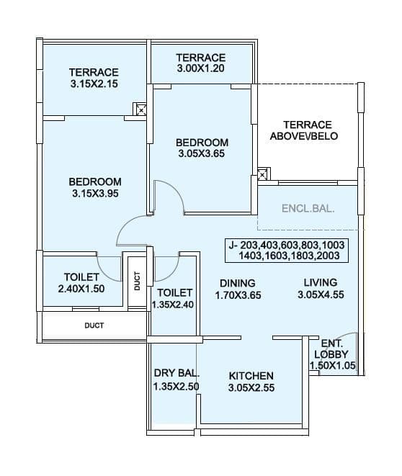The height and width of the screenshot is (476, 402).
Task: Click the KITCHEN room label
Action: (x=251, y=376)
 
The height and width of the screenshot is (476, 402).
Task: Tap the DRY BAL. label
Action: (x=176, y=373)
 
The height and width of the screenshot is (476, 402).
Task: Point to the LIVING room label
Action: (x=320, y=282)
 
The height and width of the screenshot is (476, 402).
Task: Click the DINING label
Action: (x=237, y=282)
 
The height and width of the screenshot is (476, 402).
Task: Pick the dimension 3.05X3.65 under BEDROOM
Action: (x=202, y=154)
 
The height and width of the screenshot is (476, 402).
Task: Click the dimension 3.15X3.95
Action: (x=95, y=194)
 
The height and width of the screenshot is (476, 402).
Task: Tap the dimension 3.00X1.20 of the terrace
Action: (x=201, y=69)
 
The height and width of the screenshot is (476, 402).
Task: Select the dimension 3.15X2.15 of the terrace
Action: (x=94, y=84)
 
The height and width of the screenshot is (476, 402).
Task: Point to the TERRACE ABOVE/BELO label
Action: (x=307, y=130)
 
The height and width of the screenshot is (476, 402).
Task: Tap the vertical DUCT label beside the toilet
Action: (x=137, y=279)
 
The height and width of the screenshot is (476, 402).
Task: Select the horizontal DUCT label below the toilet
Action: (x=94, y=325)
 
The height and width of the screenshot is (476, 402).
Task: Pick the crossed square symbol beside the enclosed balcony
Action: (x=264, y=175)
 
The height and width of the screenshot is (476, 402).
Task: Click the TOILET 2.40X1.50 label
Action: (x=76, y=283)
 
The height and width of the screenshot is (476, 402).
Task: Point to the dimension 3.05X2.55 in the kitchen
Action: (x=251, y=388)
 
